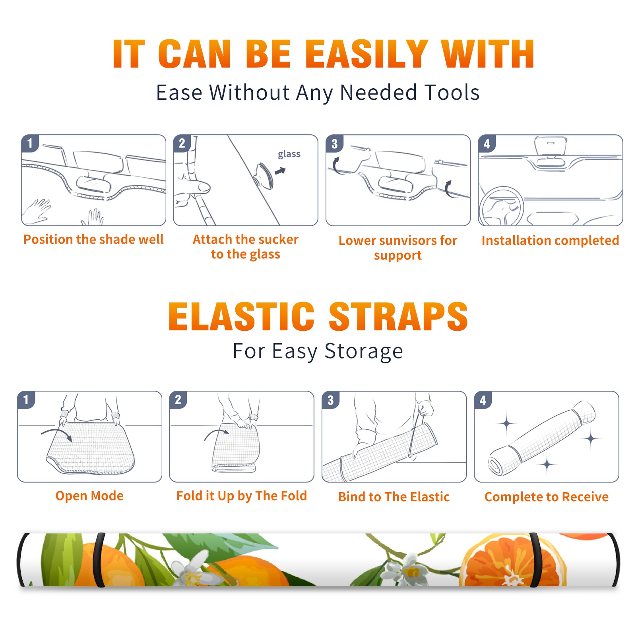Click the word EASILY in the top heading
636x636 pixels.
click(366, 54)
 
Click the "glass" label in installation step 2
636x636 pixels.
click(289, 154)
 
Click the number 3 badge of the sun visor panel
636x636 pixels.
click(334, 144)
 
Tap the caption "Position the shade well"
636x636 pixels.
click(93, 239)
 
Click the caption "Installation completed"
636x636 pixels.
click(550, 240)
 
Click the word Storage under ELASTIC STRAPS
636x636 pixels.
click(364, 351)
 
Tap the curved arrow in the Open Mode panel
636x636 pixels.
click(57, 434)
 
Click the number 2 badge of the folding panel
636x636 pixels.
click(178, 399)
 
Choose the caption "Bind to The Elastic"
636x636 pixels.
click(394, 497)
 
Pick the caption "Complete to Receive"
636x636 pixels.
click(547, 497)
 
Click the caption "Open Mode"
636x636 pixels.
click(89, 496)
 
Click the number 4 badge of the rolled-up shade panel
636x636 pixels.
click(483, 400)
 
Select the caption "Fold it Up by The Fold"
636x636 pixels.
click(242, 496)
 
